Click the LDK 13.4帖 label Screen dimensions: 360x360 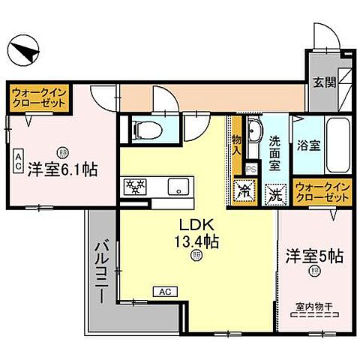coord(197,232)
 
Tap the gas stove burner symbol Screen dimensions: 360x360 coord(135,186)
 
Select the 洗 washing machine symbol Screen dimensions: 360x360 coord(275,192)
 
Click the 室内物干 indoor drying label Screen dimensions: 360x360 coord(314,304)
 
